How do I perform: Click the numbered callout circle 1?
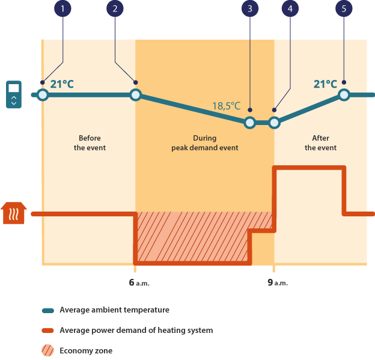tap(62, 8)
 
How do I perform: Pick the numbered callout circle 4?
tap(291, 8)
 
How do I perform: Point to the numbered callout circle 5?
tap(344, 8)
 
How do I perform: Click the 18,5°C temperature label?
tap(226, 106)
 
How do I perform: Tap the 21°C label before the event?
tap(62, 84)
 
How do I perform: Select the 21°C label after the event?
tap(325, 84)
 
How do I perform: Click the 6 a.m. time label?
tap(138, 282)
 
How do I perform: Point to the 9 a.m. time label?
tap(277, 282)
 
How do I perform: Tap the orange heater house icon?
tap(14, 213)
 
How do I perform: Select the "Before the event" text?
tap(90, 142)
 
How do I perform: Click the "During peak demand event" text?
tap(204, 142)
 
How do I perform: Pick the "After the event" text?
tap(320, 142)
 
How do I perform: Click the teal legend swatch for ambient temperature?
tap(48, 311)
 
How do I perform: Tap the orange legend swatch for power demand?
tap(48, 331)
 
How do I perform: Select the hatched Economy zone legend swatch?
tap(48, 351)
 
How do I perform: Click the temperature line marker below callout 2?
tap(135, 94)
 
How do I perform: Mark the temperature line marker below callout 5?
tap(344, 94)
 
